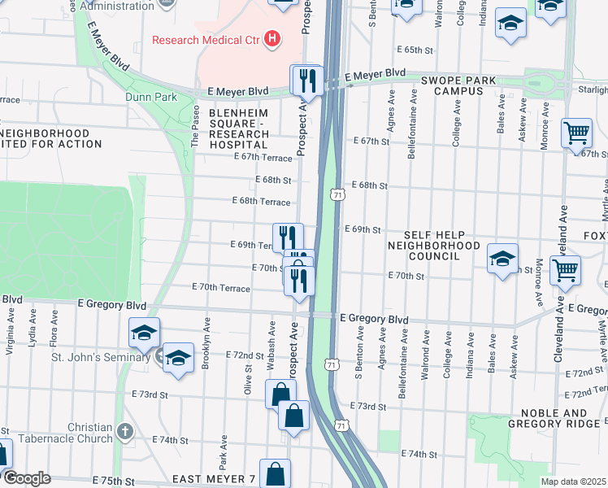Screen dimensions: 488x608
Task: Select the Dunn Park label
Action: (x=151, y=97)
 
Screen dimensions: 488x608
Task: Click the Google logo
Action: (x=26, y=478)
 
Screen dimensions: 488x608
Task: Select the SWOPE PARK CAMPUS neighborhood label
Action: (x=453, y=86)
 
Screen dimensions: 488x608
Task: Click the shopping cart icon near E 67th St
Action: (x=576, y=133)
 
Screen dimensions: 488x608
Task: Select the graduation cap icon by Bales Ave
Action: (x=503, y=259)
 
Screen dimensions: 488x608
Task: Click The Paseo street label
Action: (x=195, y=125)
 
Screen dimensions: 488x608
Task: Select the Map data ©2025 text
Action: (x=573, y=481)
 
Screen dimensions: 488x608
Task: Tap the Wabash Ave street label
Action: (x=271, y=341)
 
